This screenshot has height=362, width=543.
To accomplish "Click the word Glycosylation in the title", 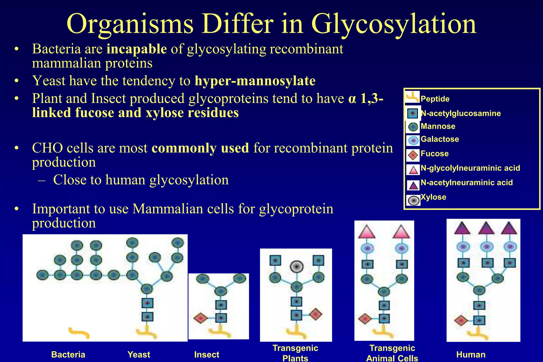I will coord(394,24).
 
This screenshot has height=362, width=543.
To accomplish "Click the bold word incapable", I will coord(137,49).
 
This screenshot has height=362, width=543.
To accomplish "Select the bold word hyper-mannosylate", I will coord(255,81).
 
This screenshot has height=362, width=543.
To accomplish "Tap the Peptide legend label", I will coord(435,99).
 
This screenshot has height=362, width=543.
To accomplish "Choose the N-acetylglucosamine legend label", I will coord(461,113).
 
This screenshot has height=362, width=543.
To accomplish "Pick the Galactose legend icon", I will coord(413,140).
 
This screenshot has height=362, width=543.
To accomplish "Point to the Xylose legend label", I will coord(433,197).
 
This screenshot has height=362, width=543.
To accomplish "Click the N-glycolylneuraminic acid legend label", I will coord(470,168).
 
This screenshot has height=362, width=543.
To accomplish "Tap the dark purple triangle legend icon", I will coord(413,185).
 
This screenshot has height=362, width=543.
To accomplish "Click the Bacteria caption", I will coord(68,355).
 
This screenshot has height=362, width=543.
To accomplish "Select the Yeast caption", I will coord(139,355).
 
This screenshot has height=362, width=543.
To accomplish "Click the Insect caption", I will coord(207,355).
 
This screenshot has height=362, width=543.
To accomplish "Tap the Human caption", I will coord(471,355).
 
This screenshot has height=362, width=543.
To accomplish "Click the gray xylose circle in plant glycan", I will coord(296,266).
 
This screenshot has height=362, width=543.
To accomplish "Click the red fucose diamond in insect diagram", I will coord(200,318).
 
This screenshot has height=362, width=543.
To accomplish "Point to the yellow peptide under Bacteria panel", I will coord(79,333).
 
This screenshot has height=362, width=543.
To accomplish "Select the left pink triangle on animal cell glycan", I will coord(367,232).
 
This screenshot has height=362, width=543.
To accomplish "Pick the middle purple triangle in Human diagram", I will coord(486,228).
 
